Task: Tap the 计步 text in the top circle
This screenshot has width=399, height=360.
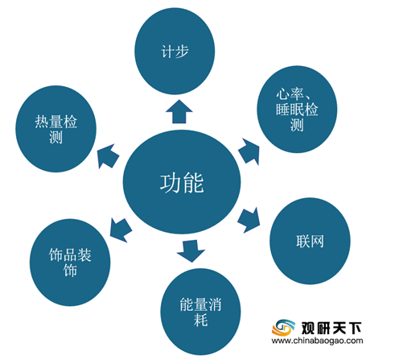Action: [175, 52]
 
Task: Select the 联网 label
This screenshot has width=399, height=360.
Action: [310, 241]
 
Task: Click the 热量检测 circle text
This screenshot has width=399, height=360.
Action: [56, 129]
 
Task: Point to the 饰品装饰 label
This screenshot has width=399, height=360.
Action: [70, 263]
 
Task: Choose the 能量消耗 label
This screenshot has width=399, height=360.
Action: [200, 312]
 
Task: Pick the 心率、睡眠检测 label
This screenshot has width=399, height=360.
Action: [297, 110]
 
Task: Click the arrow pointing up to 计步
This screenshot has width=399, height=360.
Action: [179, 112]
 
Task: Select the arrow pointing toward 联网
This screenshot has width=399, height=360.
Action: [249, 220]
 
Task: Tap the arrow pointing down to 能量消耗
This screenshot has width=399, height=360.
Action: [191, 251]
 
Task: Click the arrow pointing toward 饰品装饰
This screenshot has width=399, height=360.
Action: [121, 230]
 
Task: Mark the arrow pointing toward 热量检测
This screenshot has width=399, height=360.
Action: [108, 156]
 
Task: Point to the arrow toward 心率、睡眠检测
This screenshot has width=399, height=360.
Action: [249, 151]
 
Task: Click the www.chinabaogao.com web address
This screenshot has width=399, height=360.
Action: [317, 341]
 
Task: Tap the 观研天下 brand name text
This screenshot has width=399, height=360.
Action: [331, 328]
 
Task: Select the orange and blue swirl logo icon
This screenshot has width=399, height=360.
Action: [283, 328]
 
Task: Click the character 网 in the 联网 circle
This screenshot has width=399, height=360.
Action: [317, 241]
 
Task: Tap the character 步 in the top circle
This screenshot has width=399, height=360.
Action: [182, 52]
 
